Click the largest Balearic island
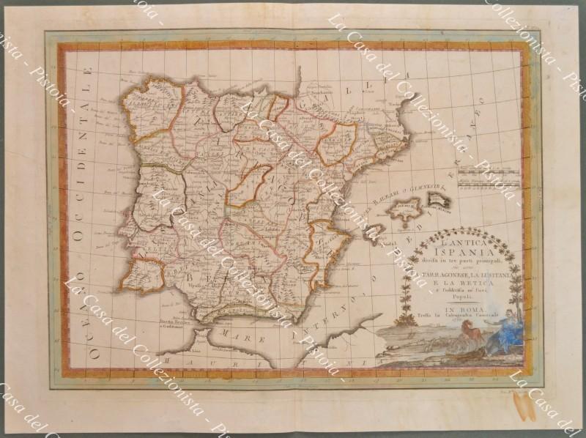pyautogui.click(x=402, y=215)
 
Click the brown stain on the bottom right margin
pyautogui.click(x=526, y=407)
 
